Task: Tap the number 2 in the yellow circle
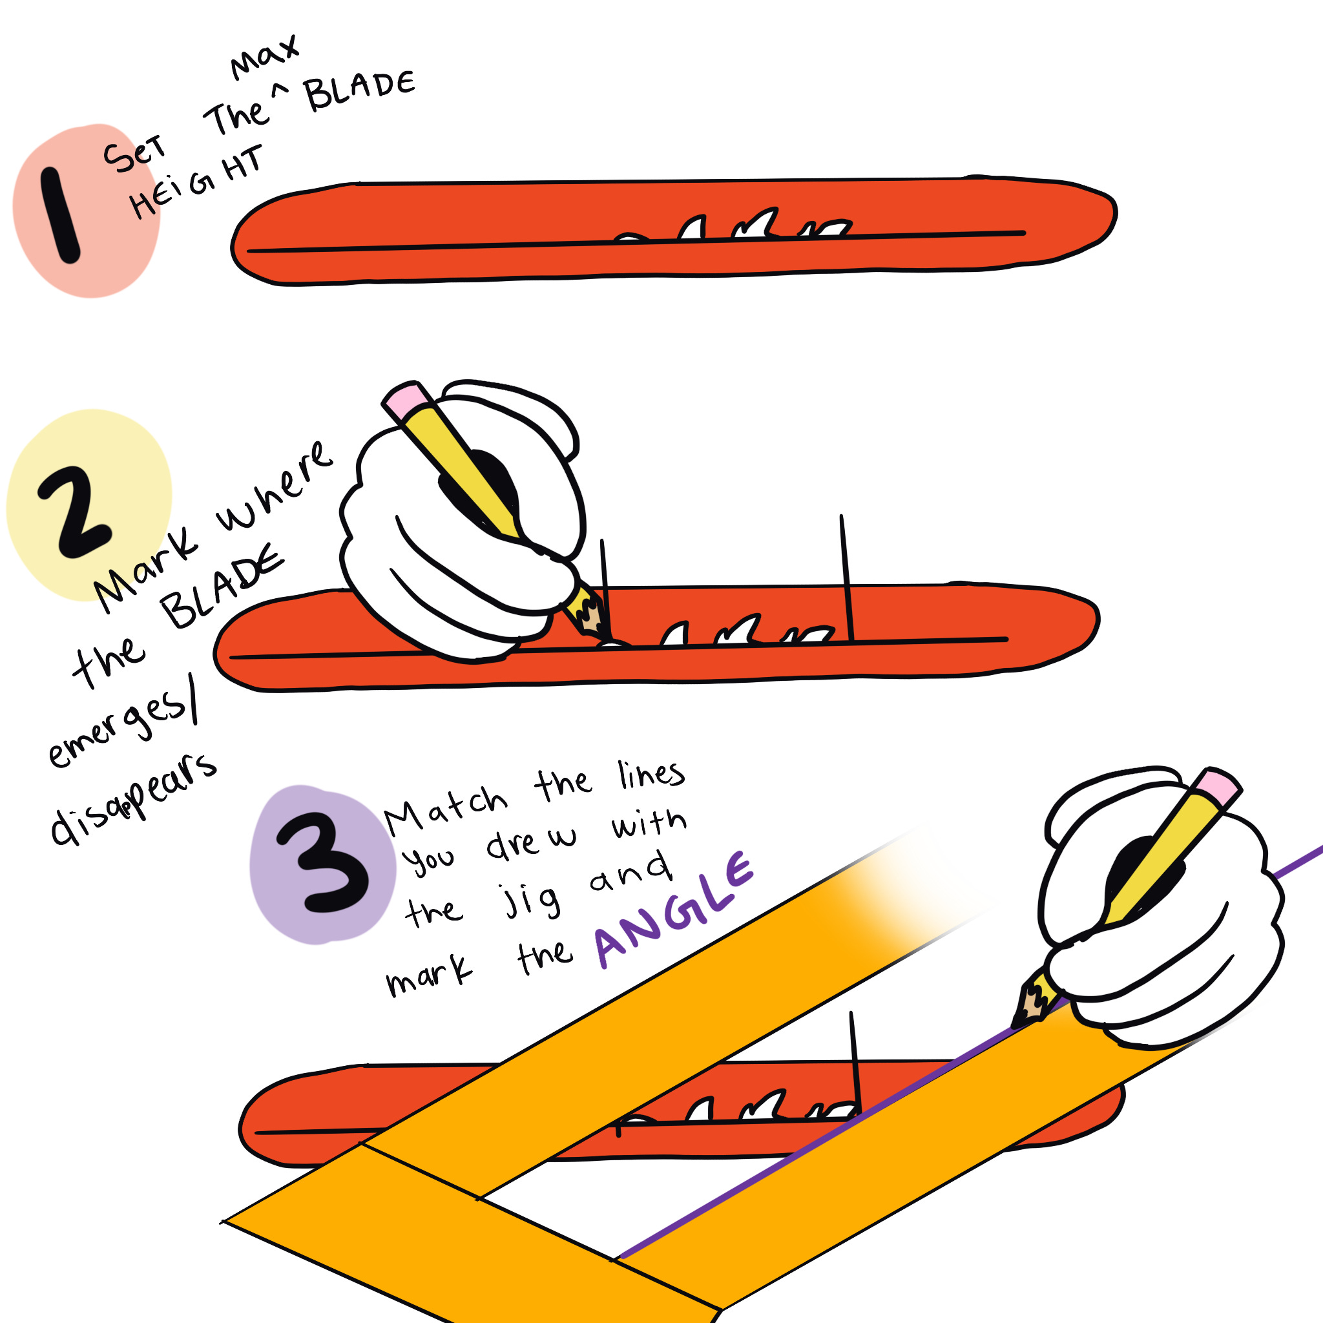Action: point(74,512)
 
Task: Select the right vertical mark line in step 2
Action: point(846,579)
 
